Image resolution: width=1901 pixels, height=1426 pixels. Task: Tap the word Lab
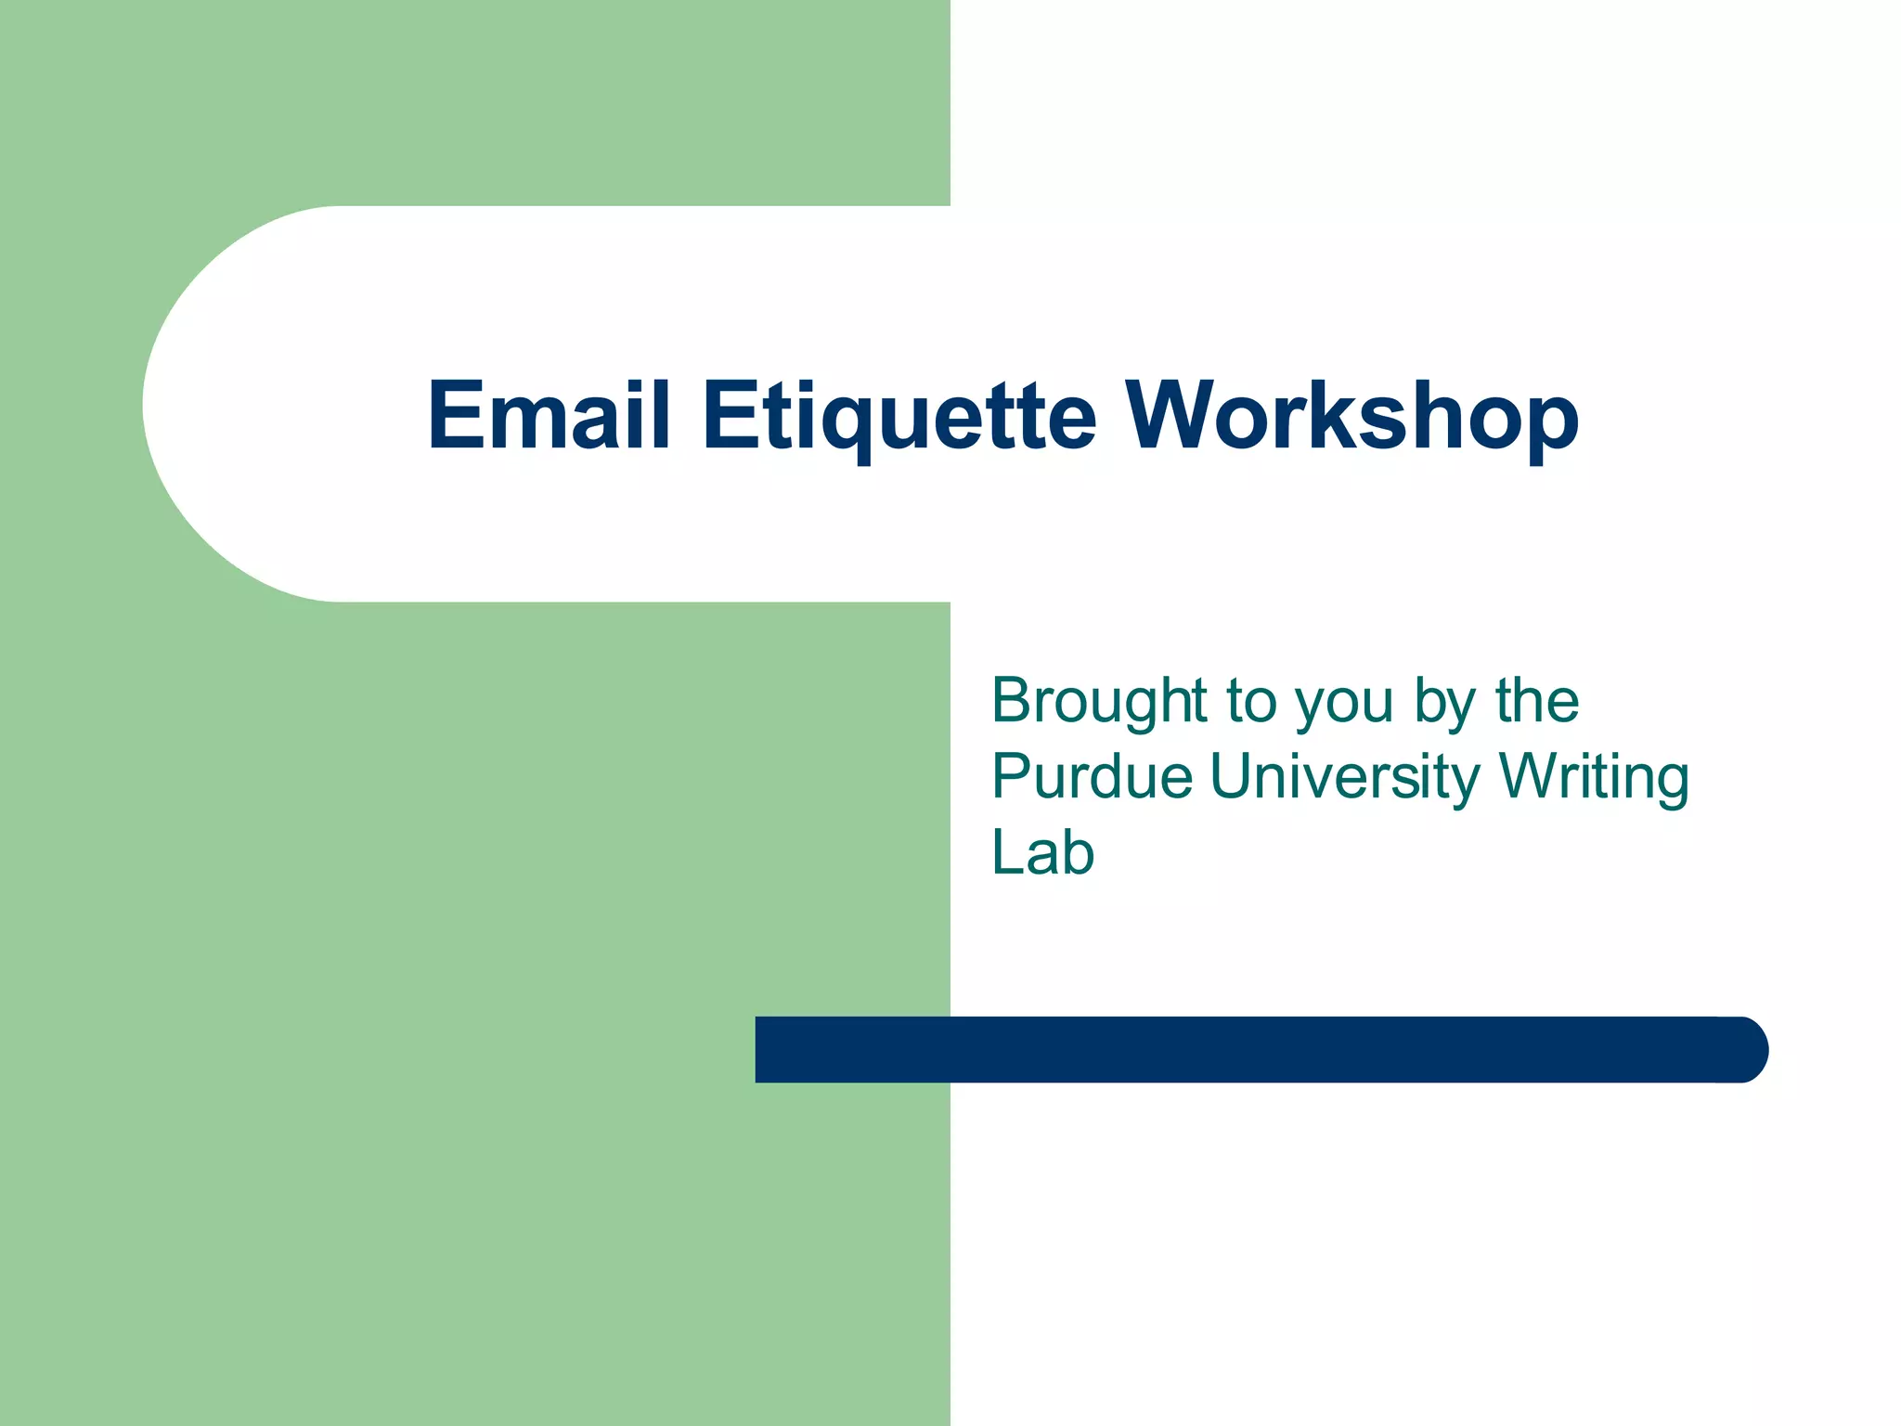[x=1042, y=852]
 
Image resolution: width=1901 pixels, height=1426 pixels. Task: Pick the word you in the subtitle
[x=1345, y=704]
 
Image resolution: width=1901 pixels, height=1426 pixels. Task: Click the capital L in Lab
[x=1009, y=852]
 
